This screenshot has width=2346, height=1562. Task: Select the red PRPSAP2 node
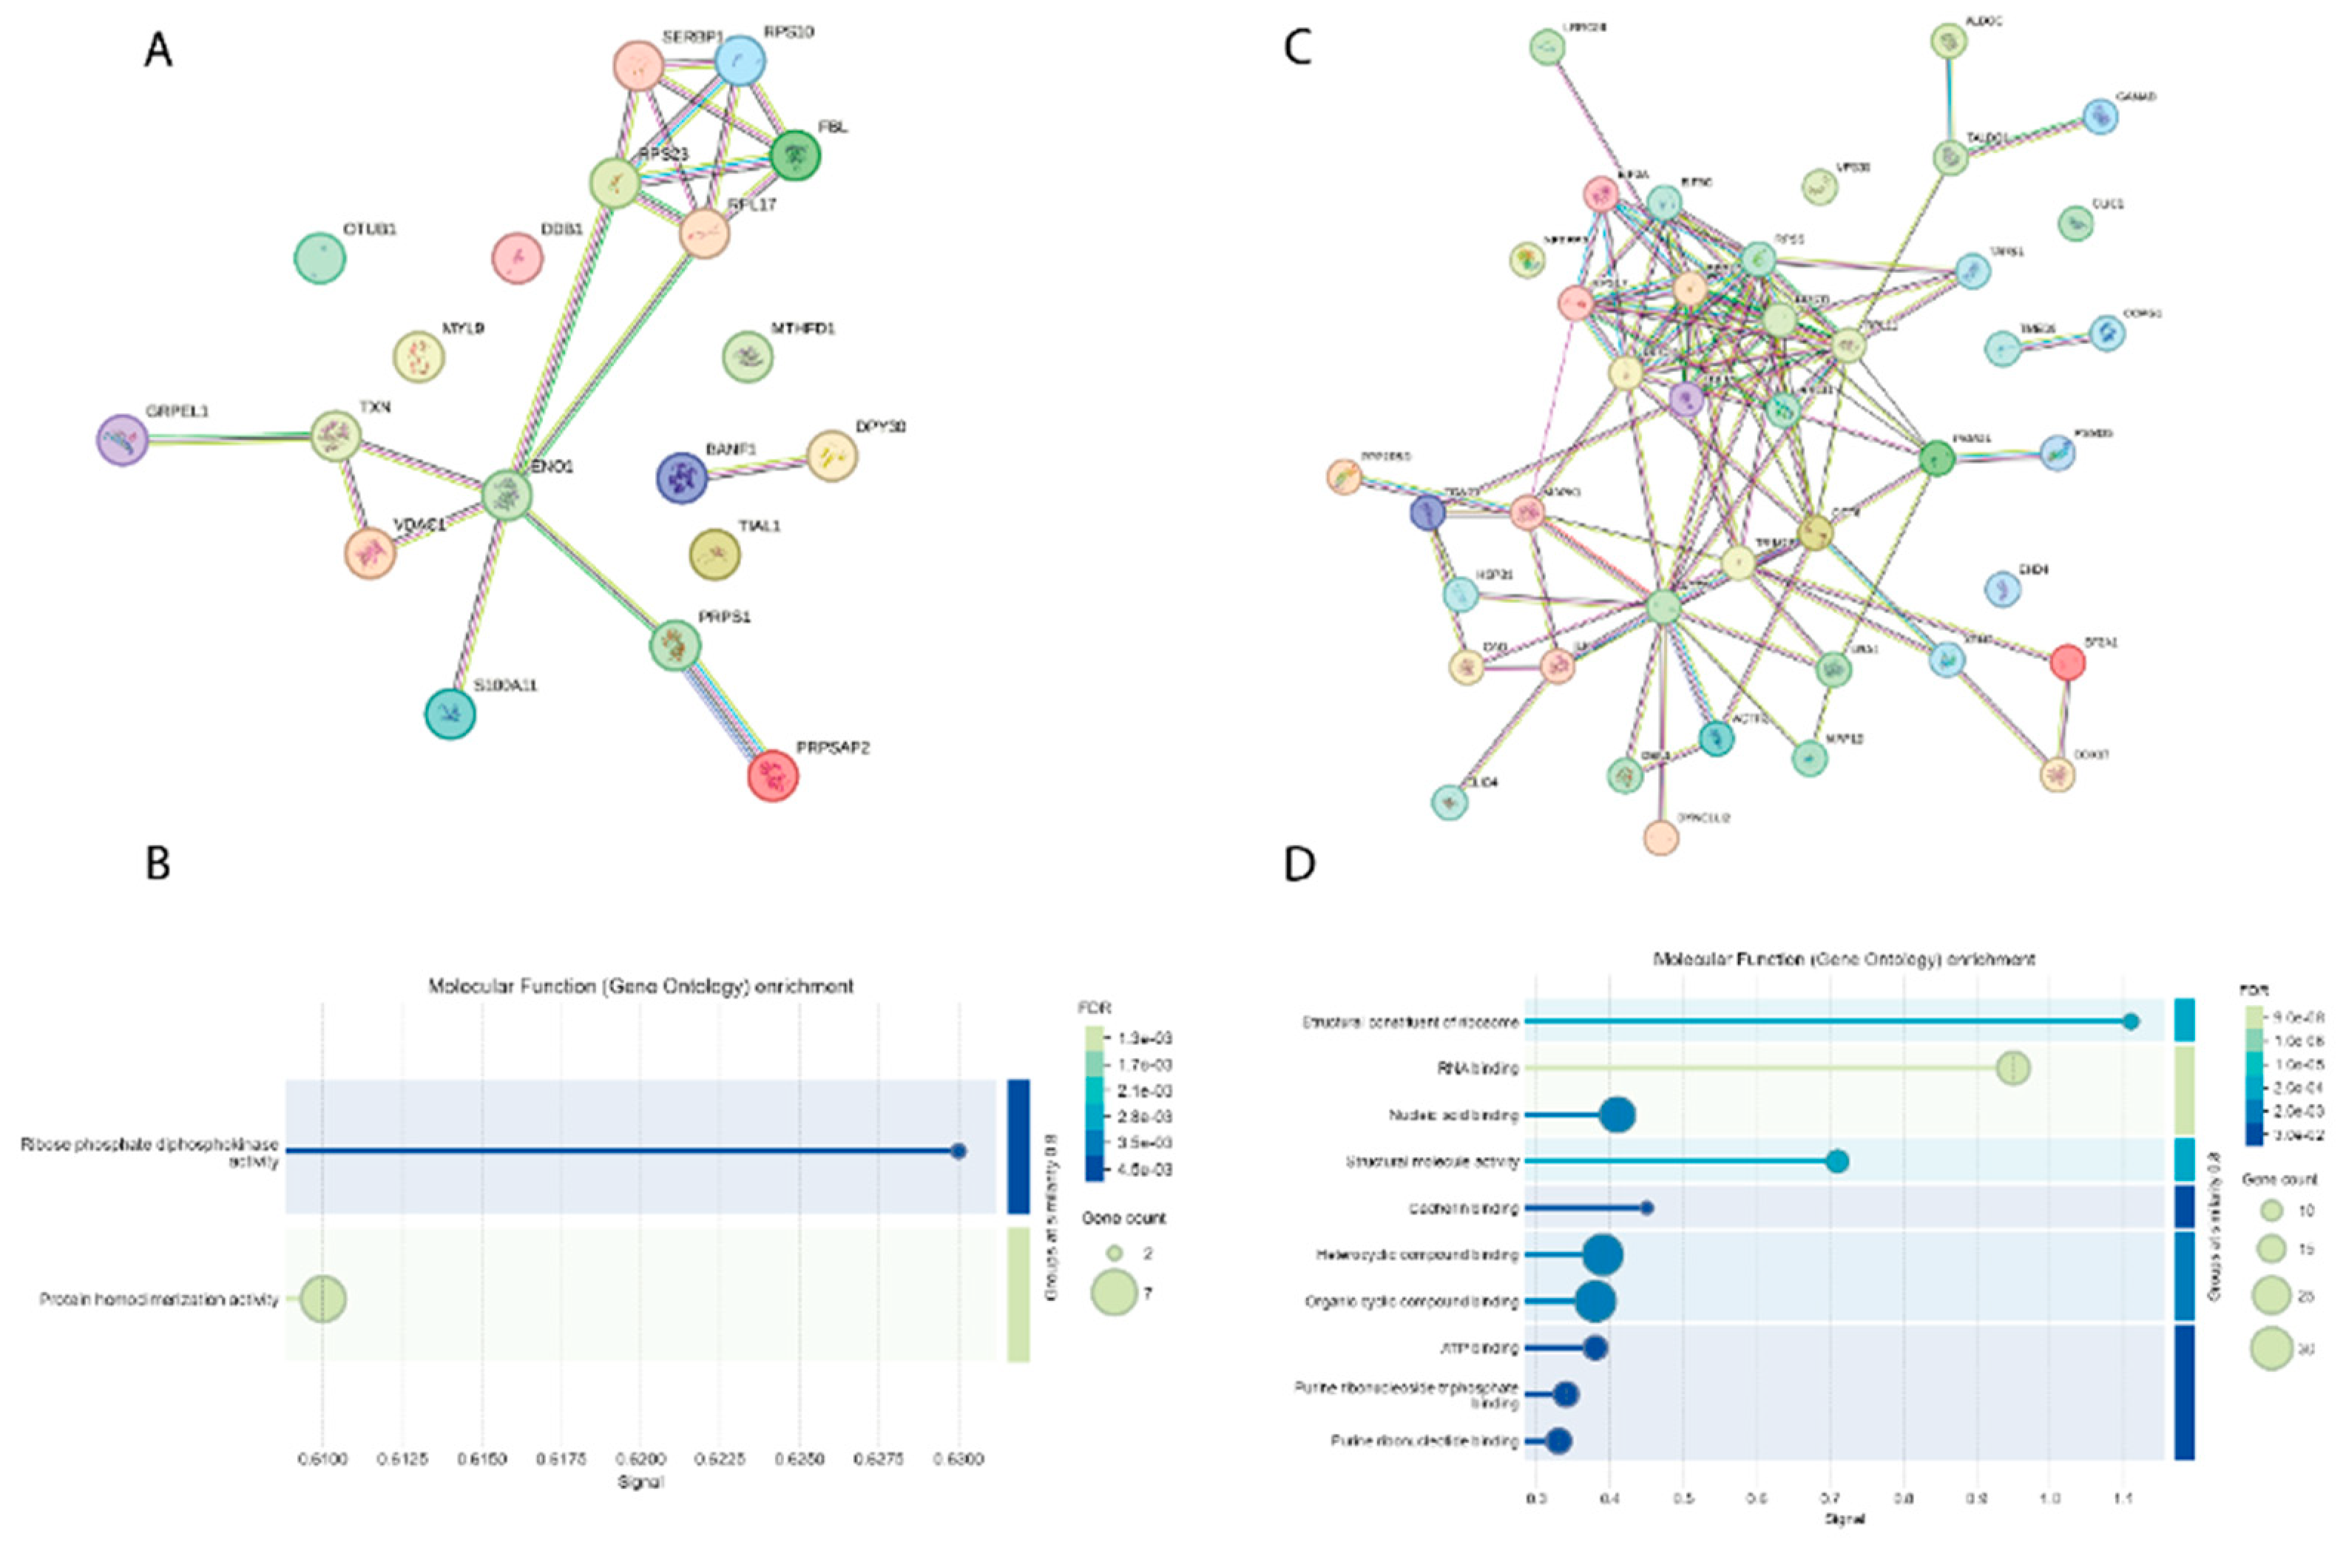pyautogui.click(x=773, y=775)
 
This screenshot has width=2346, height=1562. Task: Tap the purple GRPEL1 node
pyautogui.click(x=123, y=440)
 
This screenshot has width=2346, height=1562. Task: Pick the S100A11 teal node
pyautogui.click(x=450, y=713)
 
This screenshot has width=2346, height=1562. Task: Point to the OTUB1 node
pyautogui.click(x=320, y=258)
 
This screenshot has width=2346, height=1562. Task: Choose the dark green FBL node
pyautogui.click(x=795, y=155)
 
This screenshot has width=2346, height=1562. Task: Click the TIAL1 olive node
pyautogui.click(x=715, y=554)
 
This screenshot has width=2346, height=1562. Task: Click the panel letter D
pyautogui.click(x=1299, y=864)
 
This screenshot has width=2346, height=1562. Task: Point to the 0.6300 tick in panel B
pyautogui.click(x=959, y=1459)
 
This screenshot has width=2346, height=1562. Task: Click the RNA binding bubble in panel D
pyautogui.click(x=2013, y=1069)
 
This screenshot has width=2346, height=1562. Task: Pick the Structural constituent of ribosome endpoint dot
pyautogui.click(x=2131, y=1021)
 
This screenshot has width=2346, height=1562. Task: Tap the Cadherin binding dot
pyautogui.click(x=1646, y=1208)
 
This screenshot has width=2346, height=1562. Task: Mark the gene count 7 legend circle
pyautogui.click(x=1115, y=1292)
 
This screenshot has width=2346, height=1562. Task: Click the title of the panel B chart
pyautogui.click(x=640, y=986)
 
